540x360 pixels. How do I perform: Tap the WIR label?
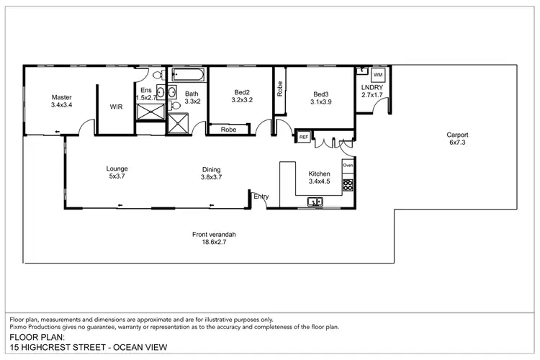(x=116, y=107)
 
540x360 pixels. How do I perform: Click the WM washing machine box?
(x=378, y=74)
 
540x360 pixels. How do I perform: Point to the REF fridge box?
(x=304, y=136)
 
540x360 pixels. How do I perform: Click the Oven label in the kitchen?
(x=348, y=166)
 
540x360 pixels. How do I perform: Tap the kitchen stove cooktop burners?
(x=348, y=185)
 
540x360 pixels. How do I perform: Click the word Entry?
(x=261, y=196)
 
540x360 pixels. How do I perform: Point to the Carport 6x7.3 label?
(x=457, y=138)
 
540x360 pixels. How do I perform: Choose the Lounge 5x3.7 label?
(x=118, y=173)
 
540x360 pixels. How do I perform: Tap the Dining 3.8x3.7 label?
(x=211, y=173)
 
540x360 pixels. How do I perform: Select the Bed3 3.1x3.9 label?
(x=320, y=98)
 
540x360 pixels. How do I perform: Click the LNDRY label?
(x=372, y=90)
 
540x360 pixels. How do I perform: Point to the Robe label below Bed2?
(x=229, y=130)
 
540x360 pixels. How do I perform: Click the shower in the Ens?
(x=150, y=111)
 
